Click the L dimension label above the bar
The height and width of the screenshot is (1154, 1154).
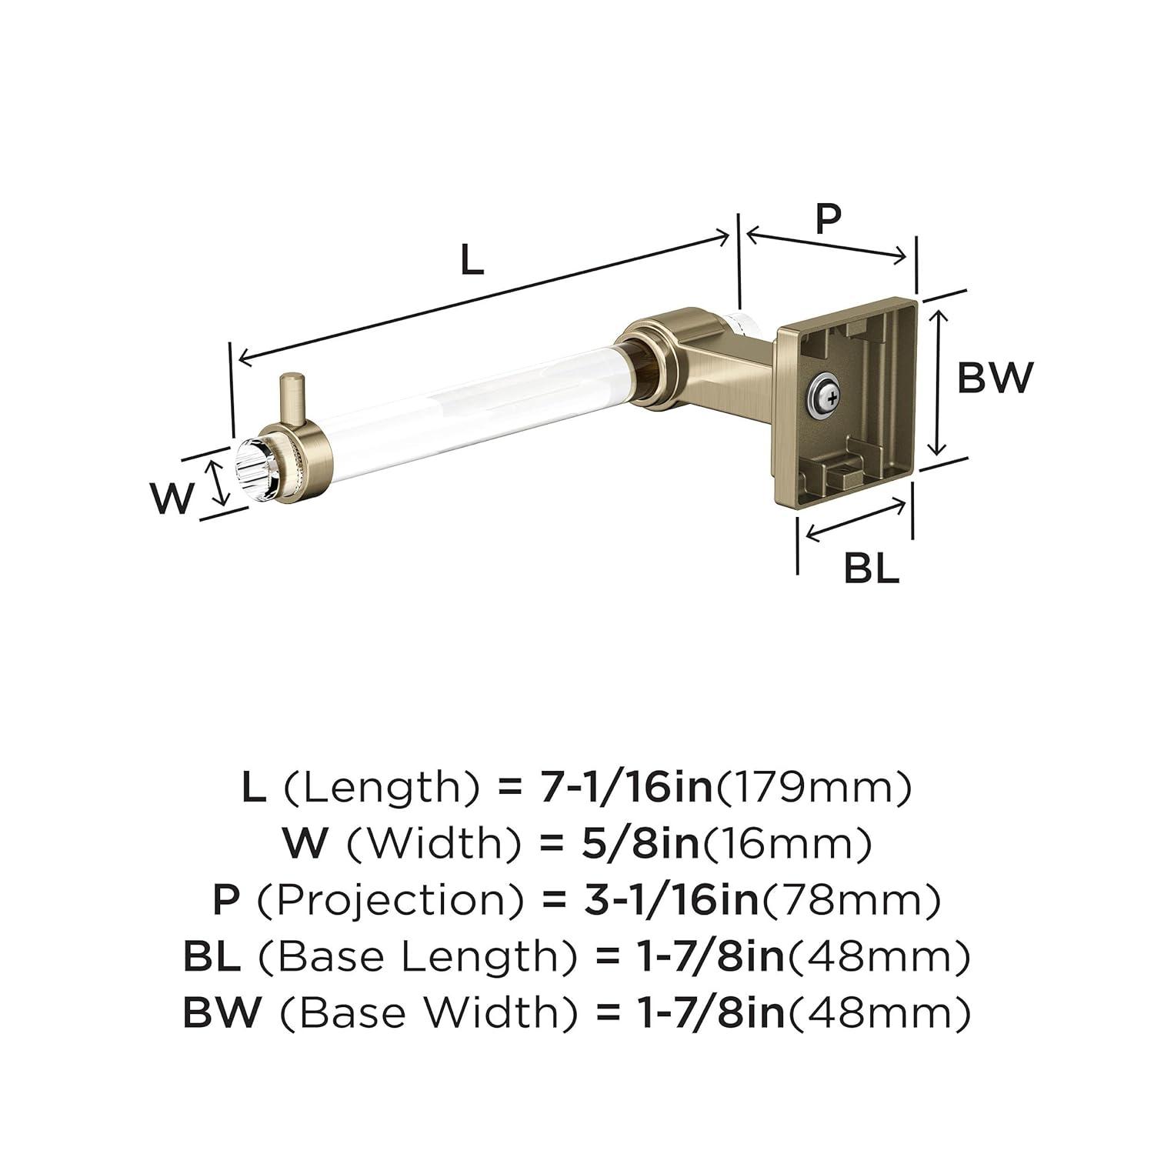coord(472,262)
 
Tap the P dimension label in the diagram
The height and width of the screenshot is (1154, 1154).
coord(828,219)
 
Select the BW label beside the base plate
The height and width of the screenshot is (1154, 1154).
coord(994,378)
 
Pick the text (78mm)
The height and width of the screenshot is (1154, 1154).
coord(850,900)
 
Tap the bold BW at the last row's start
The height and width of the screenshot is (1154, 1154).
coord(222,1012)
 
